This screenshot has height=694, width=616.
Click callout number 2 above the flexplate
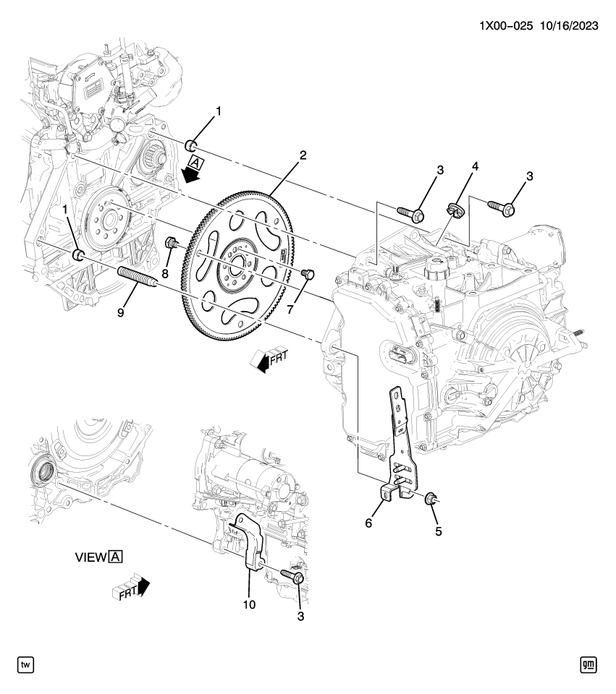303,155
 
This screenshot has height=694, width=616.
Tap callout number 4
475,166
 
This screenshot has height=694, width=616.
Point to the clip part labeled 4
454,210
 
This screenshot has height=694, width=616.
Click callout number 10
250,602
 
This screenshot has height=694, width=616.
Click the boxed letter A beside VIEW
116,557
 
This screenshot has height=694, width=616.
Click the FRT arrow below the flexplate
267,359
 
